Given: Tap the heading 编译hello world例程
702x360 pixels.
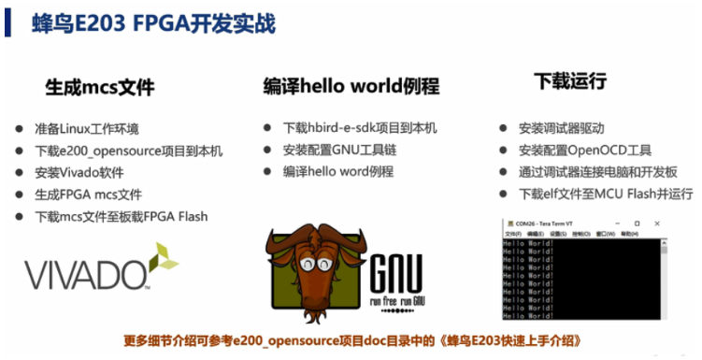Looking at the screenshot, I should tap(351, 87).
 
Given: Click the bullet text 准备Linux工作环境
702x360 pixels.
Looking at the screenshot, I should tap(87, 129).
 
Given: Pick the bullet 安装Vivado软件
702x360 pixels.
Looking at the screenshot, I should tap(79, 172).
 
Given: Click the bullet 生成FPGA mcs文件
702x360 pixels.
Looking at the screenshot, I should tap(89, 194).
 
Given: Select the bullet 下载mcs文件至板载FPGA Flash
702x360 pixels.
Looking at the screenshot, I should tap(122, 216).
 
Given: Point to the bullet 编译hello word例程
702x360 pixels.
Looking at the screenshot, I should tap(338, 171).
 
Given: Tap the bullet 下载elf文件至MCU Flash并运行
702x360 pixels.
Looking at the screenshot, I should tap(606, 194).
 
